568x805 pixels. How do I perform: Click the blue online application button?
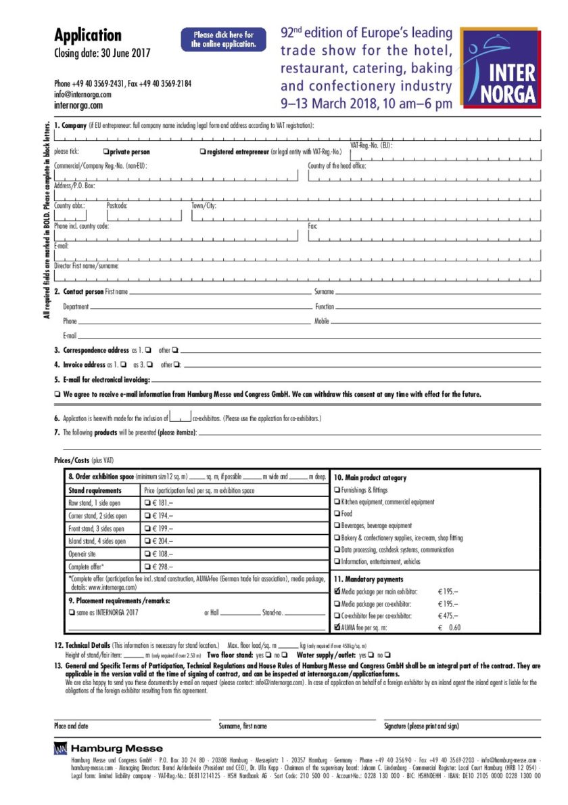click(223, 39)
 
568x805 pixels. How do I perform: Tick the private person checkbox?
click(106, 152)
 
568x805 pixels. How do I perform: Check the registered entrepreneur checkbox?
click(203, 152)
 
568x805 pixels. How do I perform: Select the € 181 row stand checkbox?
click(147, 503)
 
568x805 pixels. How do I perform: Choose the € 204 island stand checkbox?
click(147, 541)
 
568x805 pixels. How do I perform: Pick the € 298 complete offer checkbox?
click(147, 566)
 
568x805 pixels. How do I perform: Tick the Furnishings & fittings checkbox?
click(337, 489)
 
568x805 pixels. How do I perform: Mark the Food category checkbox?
click(337, 514)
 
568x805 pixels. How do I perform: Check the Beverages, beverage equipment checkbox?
click(337, 525)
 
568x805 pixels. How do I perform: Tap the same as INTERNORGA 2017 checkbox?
click(72, 613)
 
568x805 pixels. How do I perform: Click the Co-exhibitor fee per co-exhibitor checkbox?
click(337, 615)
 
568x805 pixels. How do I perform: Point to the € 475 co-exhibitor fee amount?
click(448, 615)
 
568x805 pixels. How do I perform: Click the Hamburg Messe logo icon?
click(61, 748)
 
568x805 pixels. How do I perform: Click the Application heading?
click(88, 35)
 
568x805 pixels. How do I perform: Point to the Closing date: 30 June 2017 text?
click(102, 53)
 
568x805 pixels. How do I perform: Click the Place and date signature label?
click(71, 726)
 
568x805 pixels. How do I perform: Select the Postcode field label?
click(117, 205)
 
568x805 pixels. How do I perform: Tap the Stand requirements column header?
click(95, 490)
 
